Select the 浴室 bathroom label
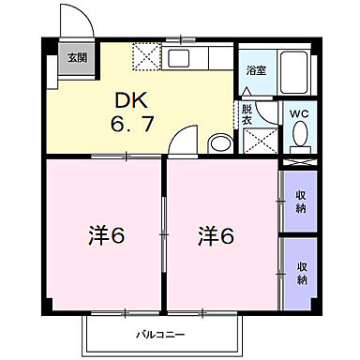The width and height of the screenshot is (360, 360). (255, 69)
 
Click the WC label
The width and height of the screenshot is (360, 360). (299, 114)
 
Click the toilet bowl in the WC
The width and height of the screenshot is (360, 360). (300, 139)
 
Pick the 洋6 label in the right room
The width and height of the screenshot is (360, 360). (216, 236)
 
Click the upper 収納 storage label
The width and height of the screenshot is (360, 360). (302, 202)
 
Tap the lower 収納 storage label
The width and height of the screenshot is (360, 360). (302, 273)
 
